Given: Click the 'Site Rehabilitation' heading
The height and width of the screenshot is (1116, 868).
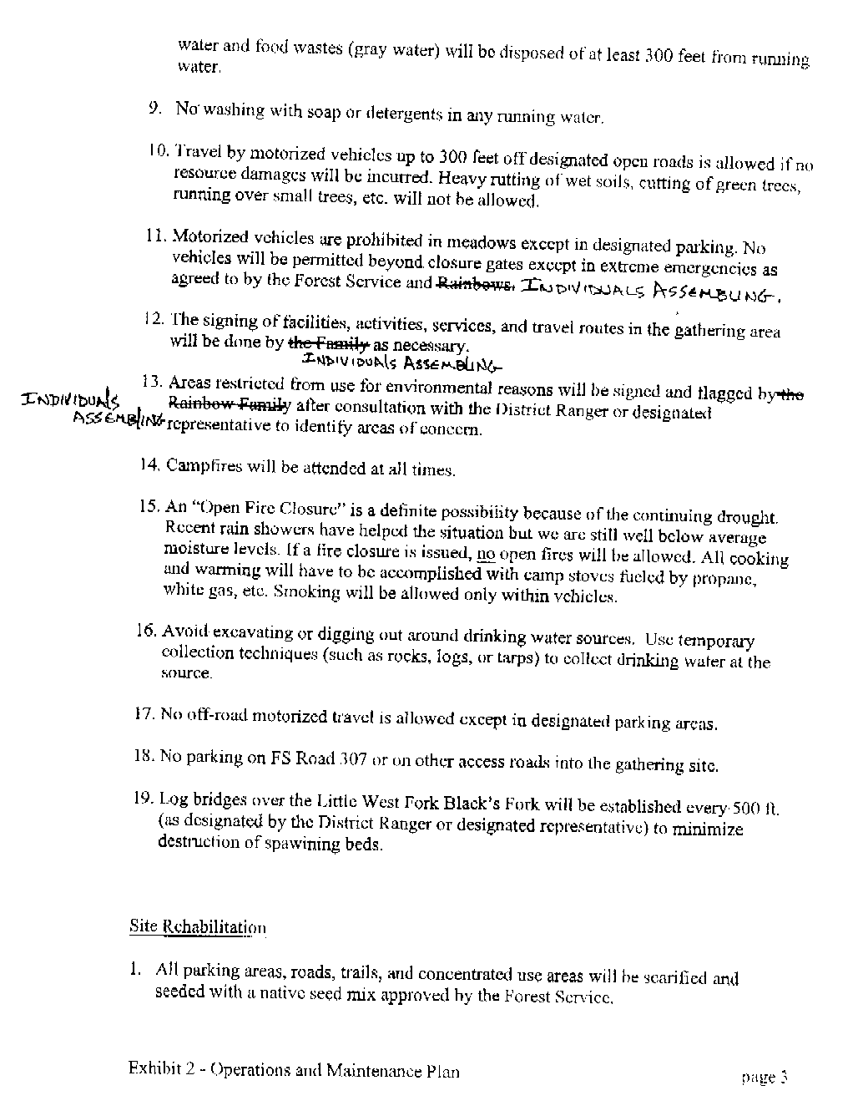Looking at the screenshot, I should coord(198,926).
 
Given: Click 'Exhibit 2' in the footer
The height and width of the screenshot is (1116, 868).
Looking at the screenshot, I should coord(161,1069).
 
